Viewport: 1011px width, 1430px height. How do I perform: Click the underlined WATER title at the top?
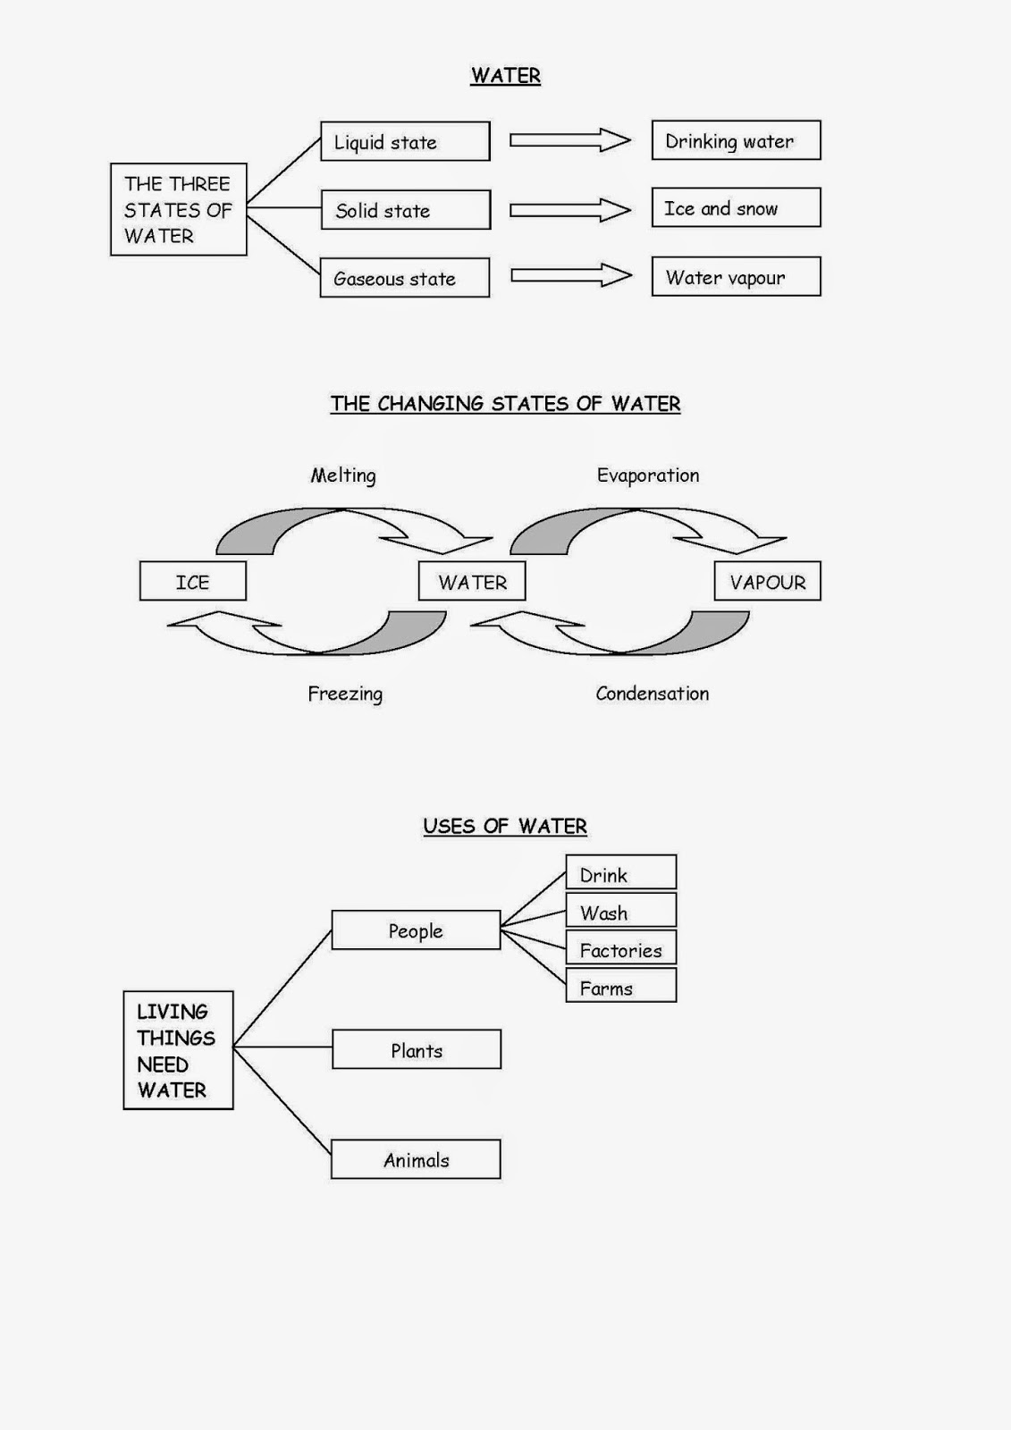click(x=505, y=76)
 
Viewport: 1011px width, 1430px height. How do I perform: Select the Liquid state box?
click(x=405, y=141)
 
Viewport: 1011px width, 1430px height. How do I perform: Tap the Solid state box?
click(x=405, y=210)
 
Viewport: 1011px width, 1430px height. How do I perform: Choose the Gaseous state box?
click(x=405, y=278)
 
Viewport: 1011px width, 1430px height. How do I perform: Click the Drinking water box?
click(x=736, y=140)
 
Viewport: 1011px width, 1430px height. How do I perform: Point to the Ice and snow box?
click(x=736, y=207)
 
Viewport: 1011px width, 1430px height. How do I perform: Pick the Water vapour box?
click(x=736, y=277)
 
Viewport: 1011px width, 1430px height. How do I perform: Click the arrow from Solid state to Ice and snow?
click(x=569, y=210)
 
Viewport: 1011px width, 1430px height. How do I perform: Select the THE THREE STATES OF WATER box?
click(x=178, y=209)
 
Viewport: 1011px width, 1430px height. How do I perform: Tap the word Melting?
click(x=343, y=475)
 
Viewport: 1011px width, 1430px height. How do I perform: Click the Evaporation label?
click(x=648, y=475)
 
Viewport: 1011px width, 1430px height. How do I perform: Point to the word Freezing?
click(x=345, y=694)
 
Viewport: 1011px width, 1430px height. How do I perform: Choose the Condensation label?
click(x=653, y=694)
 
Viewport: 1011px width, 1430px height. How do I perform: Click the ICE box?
click(x=192, y=582)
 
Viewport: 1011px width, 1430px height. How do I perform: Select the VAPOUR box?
click(x=767, y=582)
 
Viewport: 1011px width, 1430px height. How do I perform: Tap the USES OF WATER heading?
click(x=505, y=827)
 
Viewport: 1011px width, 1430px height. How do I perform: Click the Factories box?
click(x=621, y=949)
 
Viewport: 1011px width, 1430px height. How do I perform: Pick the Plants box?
click(x=417, y=1049)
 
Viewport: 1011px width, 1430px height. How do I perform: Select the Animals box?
click(x=416, y=1159)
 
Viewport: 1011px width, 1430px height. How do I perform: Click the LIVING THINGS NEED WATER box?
click(x=178, y=1050)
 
